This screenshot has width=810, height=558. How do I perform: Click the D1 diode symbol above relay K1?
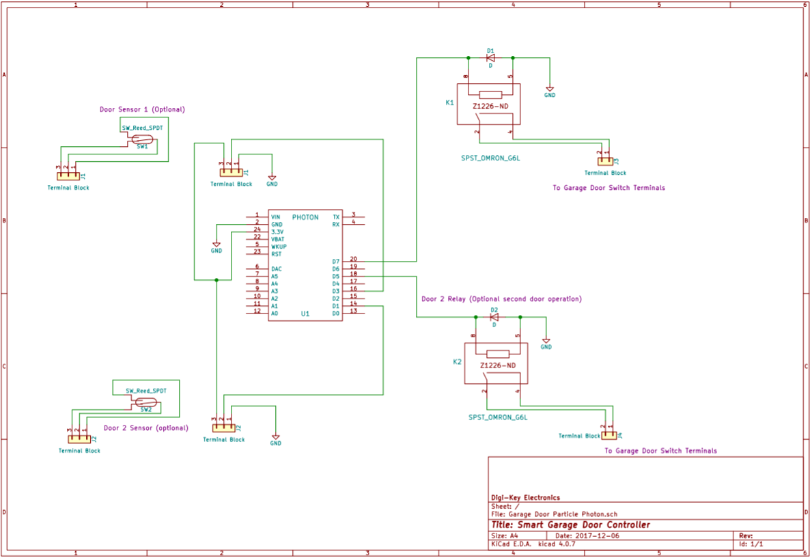[490, 58]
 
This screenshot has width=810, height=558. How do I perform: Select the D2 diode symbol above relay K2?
[494, 317]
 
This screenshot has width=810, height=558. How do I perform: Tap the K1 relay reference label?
[449, 102]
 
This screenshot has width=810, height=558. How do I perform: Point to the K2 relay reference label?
[457, 361]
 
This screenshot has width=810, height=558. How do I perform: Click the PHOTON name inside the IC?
[305, 217]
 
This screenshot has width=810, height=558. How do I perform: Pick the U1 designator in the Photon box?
[305, 314]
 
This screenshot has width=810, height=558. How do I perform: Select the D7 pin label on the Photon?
[335, 262]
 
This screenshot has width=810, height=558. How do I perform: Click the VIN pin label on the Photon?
[276, 217]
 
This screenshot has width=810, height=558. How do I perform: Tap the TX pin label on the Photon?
[335, 217]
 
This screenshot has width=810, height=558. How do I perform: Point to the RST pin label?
[276, 254]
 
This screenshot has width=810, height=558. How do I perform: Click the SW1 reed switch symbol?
[142, 139]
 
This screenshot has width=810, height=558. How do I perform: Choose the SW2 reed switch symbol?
[146, 402]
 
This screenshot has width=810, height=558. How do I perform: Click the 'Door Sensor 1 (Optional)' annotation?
[142, 109]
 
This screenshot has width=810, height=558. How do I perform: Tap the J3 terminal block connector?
[604, 162]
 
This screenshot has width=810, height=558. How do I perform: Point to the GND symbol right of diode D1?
[550, 90]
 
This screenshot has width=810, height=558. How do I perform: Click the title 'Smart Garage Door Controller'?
[570, 525]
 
